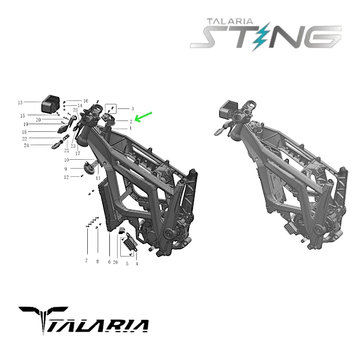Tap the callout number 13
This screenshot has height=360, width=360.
pos(20,103)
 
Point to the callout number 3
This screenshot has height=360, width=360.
pos(132,109)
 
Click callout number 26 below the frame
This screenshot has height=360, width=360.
pos(116,262)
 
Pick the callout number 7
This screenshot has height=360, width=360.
pos(86,261)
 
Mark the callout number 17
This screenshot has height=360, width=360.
pos(77,153)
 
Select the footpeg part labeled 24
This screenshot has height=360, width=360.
pos(57,144)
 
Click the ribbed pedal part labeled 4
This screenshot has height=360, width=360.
pos(131,243)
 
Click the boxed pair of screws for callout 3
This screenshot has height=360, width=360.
pos(111,108)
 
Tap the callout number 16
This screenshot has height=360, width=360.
pos(85,101)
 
